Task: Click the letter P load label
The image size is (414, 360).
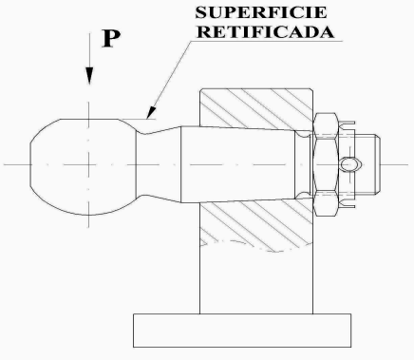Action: click(111, 39)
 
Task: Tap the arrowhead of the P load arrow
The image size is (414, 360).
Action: click(89, 76)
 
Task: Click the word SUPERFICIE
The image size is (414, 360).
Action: click(260, 12)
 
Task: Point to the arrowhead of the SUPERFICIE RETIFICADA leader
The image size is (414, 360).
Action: click(152, 112)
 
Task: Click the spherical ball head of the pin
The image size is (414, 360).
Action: click(83, 167)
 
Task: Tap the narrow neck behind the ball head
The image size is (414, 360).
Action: click(159, 164)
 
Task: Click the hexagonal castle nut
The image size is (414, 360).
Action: click(326, 164)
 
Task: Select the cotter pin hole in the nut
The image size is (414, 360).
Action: click(350, 164)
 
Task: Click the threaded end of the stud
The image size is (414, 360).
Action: click(367, 164)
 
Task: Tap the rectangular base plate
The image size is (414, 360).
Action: click(242, 331)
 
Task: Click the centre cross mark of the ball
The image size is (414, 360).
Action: click(89, 164)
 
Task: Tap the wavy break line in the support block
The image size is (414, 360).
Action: click(256, 244)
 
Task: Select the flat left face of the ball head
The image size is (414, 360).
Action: click(30, 164)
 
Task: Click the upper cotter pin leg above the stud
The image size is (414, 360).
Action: click(348, 123)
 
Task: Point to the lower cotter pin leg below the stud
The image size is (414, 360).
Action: click(348, 206)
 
